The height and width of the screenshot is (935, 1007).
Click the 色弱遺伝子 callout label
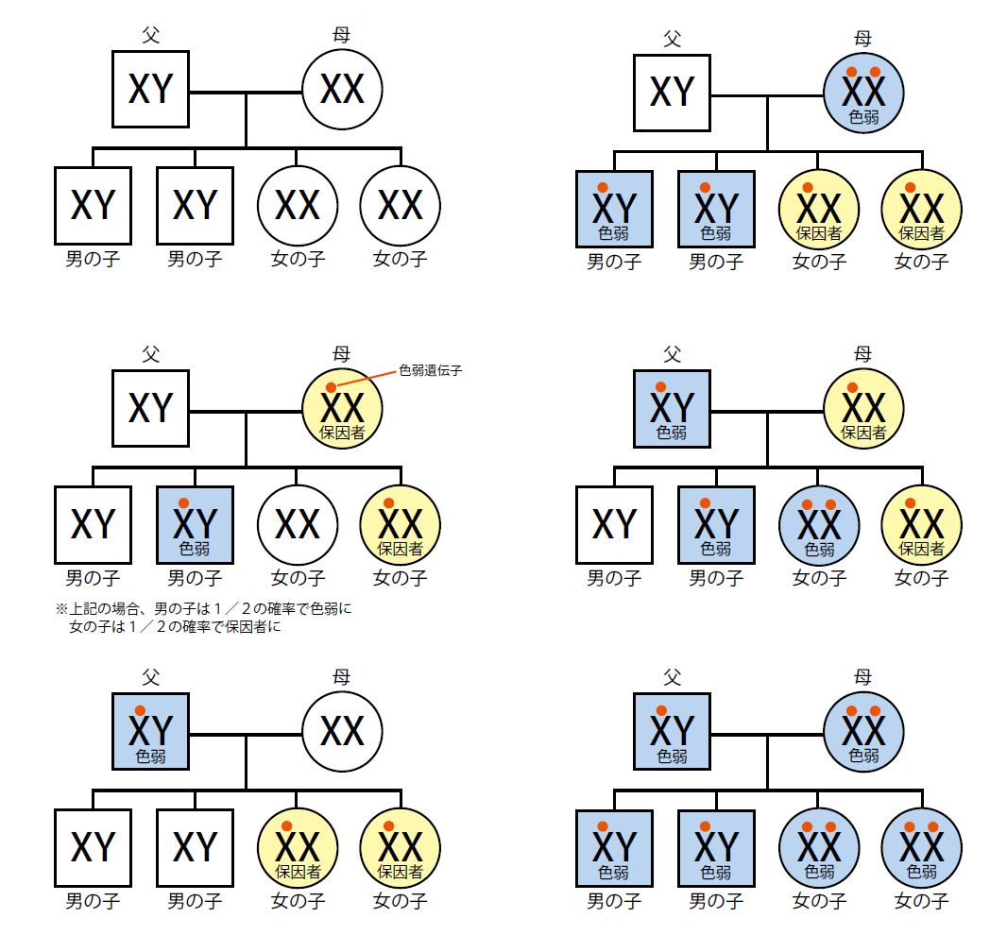[430, 370]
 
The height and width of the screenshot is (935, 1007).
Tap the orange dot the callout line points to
[331, 387]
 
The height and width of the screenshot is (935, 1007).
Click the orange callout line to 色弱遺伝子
[367, 379]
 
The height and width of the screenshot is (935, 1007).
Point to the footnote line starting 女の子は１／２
[174, 626]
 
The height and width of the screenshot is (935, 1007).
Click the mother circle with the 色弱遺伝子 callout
[342, 409]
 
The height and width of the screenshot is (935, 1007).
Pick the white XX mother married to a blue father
[342, 731]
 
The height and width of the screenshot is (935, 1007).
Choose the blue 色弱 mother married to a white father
[863, 92]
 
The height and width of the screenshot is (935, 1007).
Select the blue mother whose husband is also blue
[863, 731]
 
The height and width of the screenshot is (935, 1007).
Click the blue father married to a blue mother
[672, 731]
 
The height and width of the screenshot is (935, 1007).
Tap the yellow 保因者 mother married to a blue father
[863, 409]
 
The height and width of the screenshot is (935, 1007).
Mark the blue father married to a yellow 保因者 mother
[672, 409]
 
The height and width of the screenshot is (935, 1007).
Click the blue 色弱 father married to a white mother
[151, 731]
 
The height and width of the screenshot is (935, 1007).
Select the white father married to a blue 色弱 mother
[672, 92]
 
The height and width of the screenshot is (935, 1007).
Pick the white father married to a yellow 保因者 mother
[151, 409]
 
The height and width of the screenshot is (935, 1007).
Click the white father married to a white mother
[151, 89]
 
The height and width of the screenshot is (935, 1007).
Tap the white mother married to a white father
[342, 89]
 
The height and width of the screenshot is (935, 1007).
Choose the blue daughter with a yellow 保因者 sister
[818, 525]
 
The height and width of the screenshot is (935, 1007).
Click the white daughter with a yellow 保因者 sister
[297, 525]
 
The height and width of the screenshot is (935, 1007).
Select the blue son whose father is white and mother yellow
[195, 525]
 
